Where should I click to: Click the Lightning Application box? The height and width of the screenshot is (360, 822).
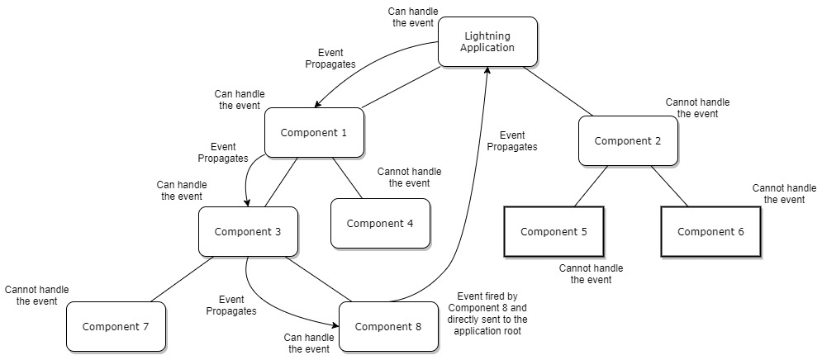point(487,42)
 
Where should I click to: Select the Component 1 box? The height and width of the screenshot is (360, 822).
point(314,132)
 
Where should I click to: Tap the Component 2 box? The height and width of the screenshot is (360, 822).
point(628,140)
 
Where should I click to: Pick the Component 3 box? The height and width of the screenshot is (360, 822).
point(248,231)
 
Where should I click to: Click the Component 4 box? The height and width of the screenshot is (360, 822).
point(380,223)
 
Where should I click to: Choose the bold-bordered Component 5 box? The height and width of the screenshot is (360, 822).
point(554,231)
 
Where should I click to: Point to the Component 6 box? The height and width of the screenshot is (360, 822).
point(710,231)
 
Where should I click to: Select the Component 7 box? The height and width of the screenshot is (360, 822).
point(116,326)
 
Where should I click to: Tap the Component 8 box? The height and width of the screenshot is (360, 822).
point(388,326)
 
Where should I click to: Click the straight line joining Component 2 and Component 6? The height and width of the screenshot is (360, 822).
point(669,186)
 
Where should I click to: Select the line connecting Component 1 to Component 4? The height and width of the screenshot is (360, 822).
point(347,178)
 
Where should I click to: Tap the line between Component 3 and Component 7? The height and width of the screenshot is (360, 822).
point(182,278)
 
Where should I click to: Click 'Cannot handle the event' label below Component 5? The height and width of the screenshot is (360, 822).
point(591,274)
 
